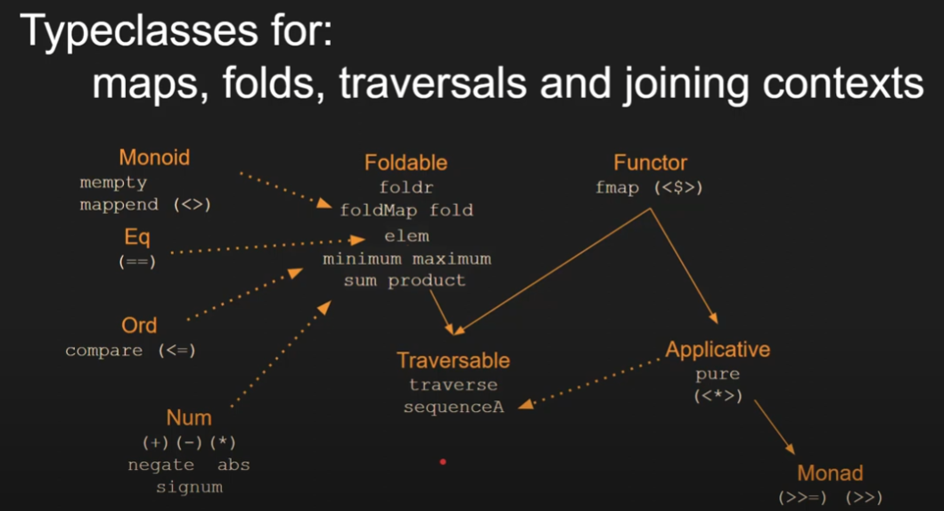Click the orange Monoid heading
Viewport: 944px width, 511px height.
tap(154, 158)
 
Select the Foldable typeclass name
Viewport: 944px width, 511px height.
tap(406, 162)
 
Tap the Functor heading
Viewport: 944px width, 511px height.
tap(650, 163)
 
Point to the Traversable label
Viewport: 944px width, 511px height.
tap(453, 360)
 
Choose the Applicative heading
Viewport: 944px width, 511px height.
tap(718, 349)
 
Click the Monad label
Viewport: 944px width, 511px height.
tap(830, 474)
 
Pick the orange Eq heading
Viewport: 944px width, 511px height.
tap(137, 238)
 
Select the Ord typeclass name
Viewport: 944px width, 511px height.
tap(139, 326)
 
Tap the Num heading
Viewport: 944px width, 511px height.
tap(189, 417)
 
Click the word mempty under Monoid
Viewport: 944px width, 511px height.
tap(113, 183)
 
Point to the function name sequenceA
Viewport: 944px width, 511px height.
tap(454, 408)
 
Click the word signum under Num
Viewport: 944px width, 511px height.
tap(189, 487)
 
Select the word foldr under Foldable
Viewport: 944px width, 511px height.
tap(406, 188)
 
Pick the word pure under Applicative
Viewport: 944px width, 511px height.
tap(718, 374)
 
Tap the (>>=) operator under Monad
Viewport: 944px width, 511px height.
tap(803, 498)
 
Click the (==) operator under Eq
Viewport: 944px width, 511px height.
tap(136, 262)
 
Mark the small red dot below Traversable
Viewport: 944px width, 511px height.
tap(443, 462)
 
